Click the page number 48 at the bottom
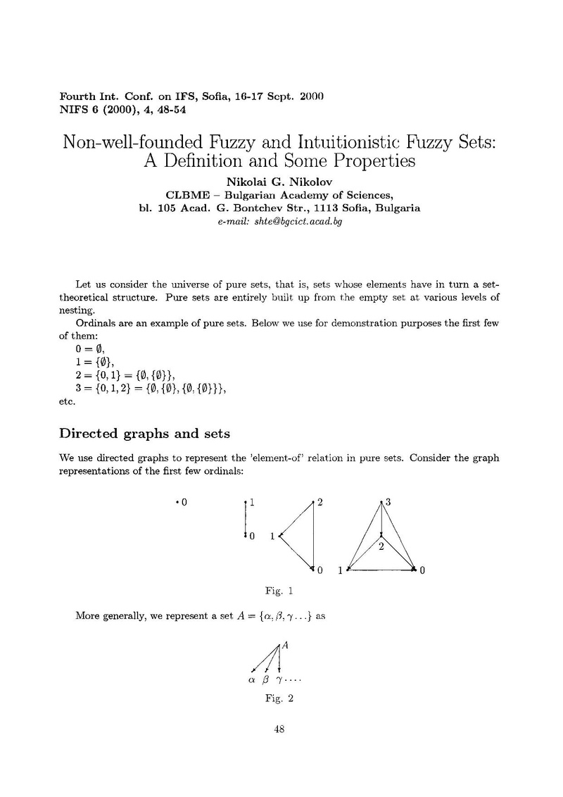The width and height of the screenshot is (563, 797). [278, 729]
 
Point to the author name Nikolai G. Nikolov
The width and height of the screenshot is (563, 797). [281, 182]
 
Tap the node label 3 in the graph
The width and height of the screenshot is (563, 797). [388, 502]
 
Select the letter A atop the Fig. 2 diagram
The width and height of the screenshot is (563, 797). [286, 645]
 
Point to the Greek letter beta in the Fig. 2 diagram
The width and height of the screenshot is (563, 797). [265, 681]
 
